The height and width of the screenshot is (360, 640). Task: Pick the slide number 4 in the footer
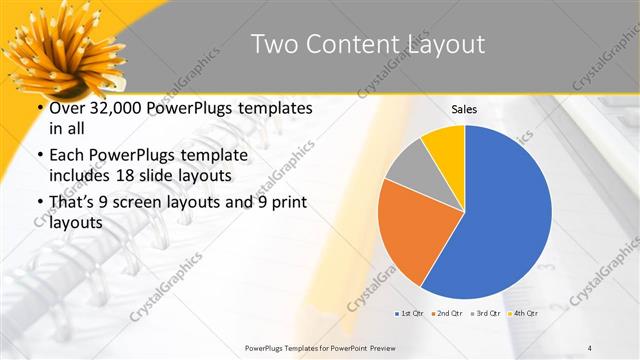tap(590, 346)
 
